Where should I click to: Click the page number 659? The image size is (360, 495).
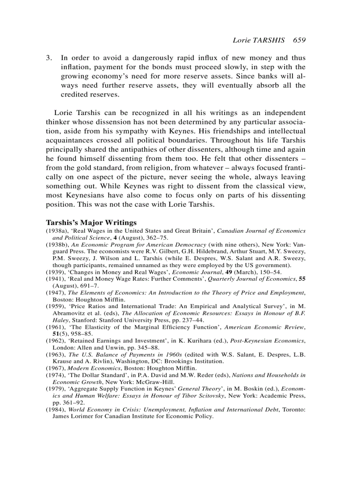(x=299, y=40)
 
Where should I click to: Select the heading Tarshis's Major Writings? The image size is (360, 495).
(x=91, y=223)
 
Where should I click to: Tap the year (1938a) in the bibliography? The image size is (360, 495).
(x=56, y=231)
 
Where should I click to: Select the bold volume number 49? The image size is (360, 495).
(x=229, y=272)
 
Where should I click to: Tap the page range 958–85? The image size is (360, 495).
(x=76, y=334)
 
